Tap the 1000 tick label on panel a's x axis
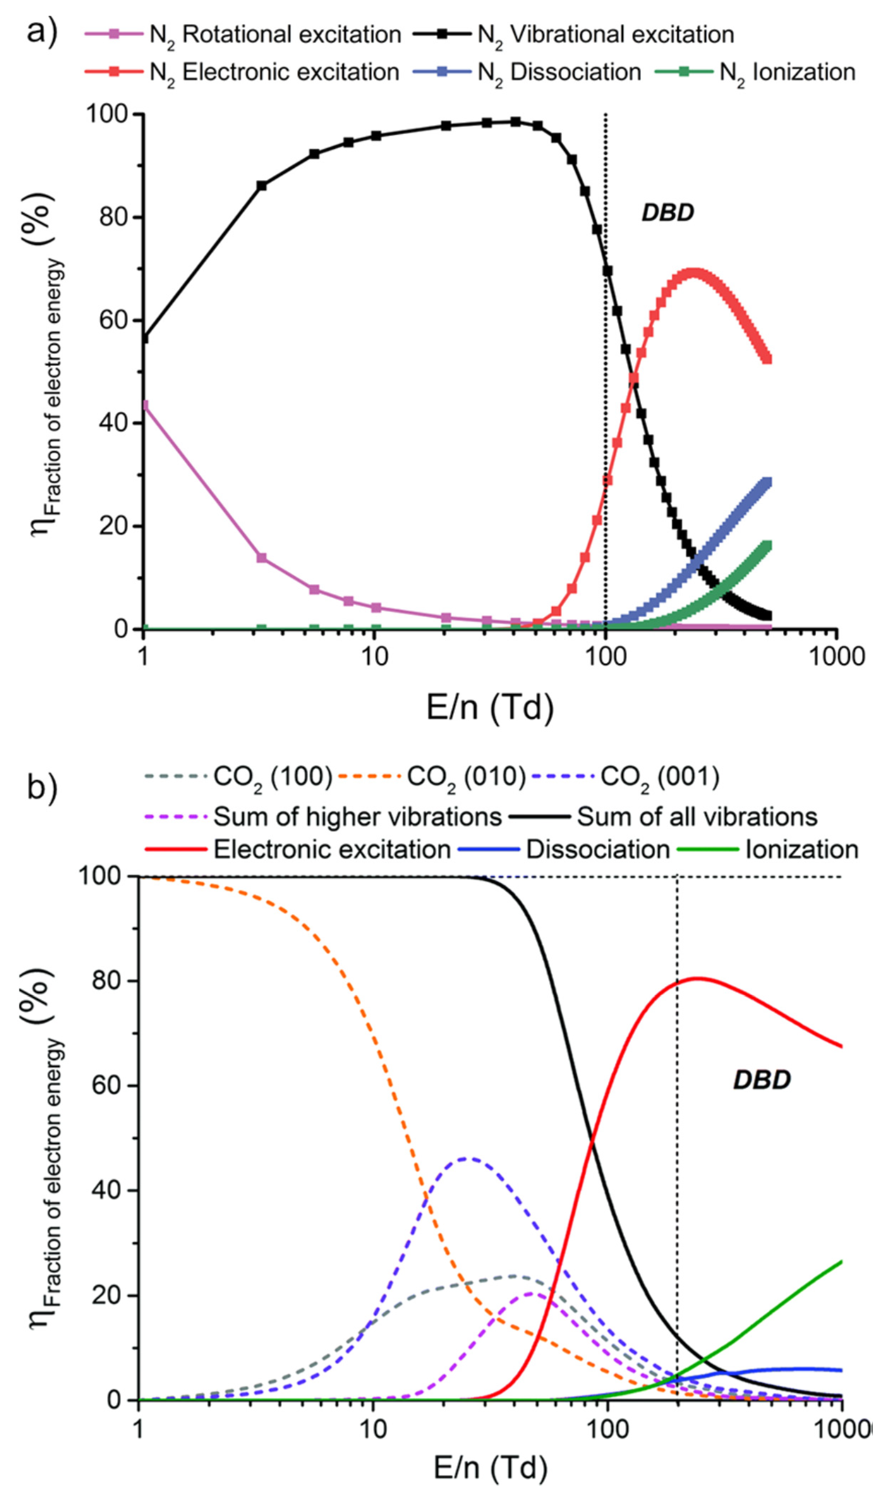pos(837,657)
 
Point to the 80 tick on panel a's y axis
pos(114,217)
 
